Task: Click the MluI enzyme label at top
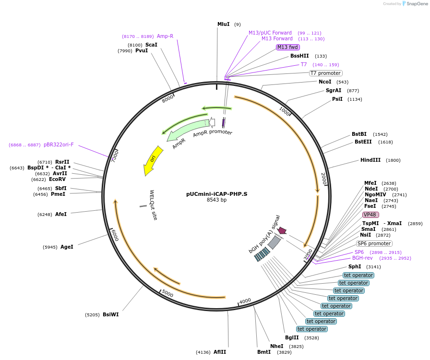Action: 223,24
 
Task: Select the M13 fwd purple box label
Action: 288,47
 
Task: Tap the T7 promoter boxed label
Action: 325,73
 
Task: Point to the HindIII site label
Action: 370,160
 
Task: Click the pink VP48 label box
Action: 370,215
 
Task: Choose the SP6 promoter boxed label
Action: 374,243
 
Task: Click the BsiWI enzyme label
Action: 110,315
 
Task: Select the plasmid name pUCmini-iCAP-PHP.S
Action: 217,194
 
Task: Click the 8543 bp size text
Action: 217,200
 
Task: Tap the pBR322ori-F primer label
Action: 59,144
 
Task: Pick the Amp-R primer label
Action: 165,36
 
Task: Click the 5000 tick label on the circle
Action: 167,293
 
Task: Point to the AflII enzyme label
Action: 220,352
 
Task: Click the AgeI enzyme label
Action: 67,247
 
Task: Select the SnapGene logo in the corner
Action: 414,4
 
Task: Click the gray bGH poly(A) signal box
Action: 274,242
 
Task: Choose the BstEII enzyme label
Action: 363,142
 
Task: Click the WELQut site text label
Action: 153,205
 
